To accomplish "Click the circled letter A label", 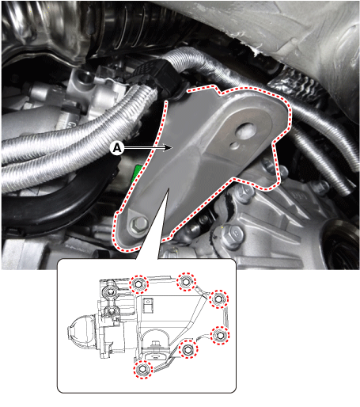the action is coord(117,148).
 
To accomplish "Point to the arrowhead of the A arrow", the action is coord(168,148).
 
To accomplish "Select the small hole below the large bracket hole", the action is coord(233,145).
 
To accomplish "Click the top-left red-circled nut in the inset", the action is coord(138,284).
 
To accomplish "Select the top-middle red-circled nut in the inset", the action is coord(186,282).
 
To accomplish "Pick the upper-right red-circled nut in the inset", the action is coord(218,299).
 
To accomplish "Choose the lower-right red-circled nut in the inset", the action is coord(220,335).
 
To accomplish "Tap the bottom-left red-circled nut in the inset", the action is coord(142,369).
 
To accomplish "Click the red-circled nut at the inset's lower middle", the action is coord(188,349).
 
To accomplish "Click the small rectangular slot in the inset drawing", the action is coord(148,305).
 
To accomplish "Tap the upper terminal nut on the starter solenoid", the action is coord(111,291).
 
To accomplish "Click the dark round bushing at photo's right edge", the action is coord(343,245).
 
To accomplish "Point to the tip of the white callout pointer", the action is coord(168,188).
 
